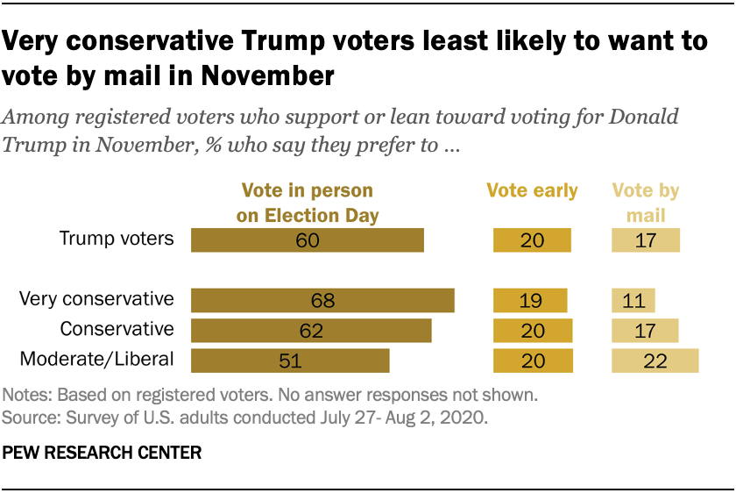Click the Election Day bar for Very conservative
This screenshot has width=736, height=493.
coord(322,300)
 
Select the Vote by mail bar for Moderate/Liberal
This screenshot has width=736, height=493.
coord(655,361)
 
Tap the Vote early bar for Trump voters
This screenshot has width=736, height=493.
coord(532,240)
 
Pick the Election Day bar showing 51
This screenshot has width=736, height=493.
coord(290,361)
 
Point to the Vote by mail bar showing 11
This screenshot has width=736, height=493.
coord(633,300)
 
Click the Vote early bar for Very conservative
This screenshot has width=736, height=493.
coord(530,300)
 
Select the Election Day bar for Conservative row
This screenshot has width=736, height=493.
coord(311,331)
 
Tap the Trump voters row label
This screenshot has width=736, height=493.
coord(117,239)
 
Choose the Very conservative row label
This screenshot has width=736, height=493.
coord(96,298)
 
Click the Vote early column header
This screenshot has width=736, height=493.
coord(533,191)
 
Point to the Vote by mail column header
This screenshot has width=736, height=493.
coord(645,202)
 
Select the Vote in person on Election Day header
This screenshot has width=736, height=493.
coord(307,202)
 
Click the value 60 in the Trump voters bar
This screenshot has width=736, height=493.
coord(308,240)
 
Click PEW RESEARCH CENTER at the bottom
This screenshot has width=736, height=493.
coord(103,454)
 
